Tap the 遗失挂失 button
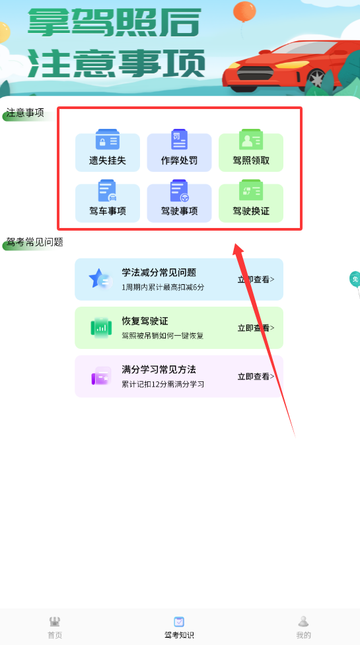click(107, 152)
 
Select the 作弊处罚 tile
click(179, 152)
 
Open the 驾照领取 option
click(251, 152)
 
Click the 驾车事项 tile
click(107, 202)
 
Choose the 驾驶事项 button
click(179, 202)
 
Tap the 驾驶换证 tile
click(251, 202)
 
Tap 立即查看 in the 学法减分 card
click(256, 280)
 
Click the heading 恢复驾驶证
click(145, 321)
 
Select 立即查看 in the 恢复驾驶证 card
click(256, 328)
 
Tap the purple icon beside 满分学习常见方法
click(101, 376)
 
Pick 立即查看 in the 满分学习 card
click(256, 377)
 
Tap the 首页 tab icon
click(55, 621)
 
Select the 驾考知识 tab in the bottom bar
click(179, 627)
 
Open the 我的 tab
click(303, 627)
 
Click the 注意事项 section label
click(25, 113)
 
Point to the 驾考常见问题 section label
click(34, 243)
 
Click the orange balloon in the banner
click(244, 11)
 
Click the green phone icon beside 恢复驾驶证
click(101, 328)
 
